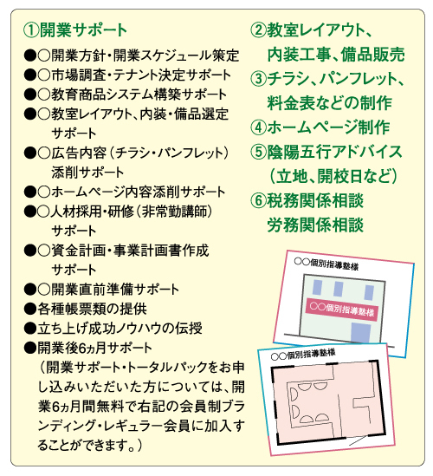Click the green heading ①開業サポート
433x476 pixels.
(x=75, y=30)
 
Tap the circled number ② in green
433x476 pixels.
(x=259, y=30)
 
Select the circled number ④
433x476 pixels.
(x=259, y=127)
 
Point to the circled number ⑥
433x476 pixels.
(x=259, y=200)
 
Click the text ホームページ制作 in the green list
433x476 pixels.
(x=328, y=127)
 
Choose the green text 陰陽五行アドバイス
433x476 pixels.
(x=334, y=152)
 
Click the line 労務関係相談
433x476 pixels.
(x=315, y=225)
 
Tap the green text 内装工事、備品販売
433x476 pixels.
(x=336, y=55)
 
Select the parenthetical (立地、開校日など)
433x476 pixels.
(x=333, y=176)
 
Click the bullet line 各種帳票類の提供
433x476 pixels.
(x=86, y=309)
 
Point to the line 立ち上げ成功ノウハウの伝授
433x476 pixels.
(x=113, y=328)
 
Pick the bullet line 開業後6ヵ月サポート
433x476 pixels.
(x=88, y=348)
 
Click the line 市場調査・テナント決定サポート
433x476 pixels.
(x=127, y=75)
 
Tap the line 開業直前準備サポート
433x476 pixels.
(x=101, y=290)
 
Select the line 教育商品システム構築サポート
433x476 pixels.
(x=126, y=95)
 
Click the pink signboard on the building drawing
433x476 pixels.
(x=342, y=310)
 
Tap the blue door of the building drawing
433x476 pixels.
(x=361, y=333)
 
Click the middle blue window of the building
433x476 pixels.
(x=339, y=289)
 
